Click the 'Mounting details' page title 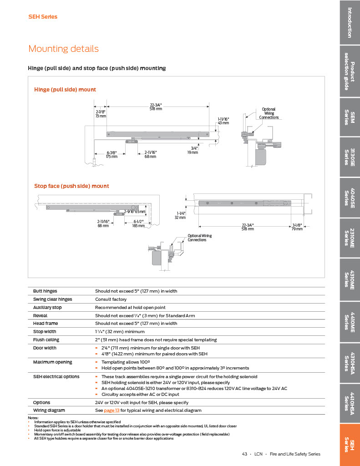tap(63, 49)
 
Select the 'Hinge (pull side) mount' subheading tap(65, 90)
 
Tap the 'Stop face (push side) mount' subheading tap(71, 186)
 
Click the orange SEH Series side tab tap(350, 444)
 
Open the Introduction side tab tap(350, 22)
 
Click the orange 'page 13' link tap(112, 410)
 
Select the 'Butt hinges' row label tap(45, 291)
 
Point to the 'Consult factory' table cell tap(111, 299)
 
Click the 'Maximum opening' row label tap(52, 362)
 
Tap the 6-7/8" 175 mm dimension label tap(112, 154)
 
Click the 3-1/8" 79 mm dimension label tap(297, 227)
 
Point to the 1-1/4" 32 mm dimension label tap(181, 215)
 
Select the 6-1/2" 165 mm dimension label tap(139, 223)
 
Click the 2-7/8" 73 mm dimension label tap(101, 114)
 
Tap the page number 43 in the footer tap(244, 454)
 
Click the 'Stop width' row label tap(45, 332)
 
